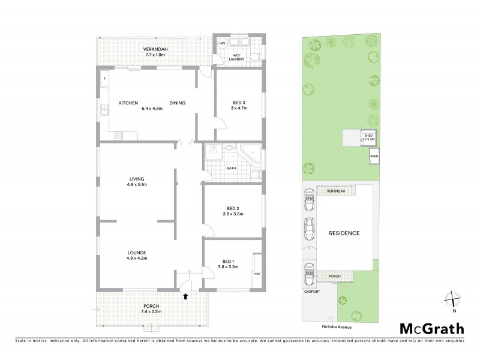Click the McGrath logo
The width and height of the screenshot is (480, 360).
pos(431,328)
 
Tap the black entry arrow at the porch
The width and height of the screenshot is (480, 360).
pos(185,295)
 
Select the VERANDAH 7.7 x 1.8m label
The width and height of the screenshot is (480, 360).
pos(155,52)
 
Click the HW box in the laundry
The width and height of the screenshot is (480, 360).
pos(221,44)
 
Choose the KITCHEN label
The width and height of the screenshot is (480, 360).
pos(128,103)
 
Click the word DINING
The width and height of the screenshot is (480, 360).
pos(177,103)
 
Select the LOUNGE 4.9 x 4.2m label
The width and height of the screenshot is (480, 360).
pos(137,255)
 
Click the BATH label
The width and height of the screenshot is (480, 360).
pos(231,168)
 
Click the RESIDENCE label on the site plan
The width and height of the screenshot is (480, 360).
pos(344,233)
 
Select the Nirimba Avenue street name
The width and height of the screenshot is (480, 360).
pos(330,328)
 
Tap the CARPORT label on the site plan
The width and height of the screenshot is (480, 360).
pos(311,292)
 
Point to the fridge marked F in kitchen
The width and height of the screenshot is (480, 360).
pos(104,79)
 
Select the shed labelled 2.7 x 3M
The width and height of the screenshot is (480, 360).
pos(368,138)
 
